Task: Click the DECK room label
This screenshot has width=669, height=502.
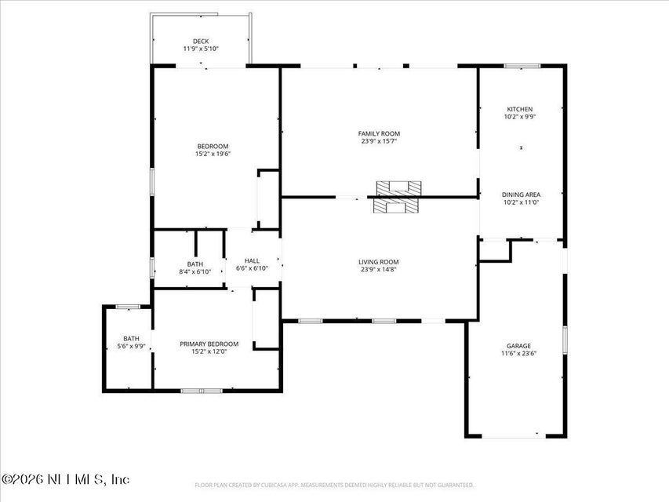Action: coord(201,42)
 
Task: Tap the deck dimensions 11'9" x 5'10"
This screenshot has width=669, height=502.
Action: coord(201,49)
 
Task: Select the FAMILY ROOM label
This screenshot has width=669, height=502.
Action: coord(380,134)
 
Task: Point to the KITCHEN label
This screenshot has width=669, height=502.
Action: coord(519,109)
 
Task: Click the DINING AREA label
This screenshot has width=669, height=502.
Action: coord(521,195)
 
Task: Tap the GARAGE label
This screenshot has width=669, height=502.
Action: coord(518,346)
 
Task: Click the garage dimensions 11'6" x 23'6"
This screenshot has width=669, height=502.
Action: coord(518,353)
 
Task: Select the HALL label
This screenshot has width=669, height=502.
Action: coord(252,261)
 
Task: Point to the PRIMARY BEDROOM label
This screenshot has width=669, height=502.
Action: coord(209,344)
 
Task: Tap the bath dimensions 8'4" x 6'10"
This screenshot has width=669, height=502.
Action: coord(195,271)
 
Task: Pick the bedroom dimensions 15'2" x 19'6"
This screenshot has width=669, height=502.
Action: coord(213,154)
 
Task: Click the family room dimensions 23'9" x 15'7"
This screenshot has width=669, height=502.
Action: coord(380,141)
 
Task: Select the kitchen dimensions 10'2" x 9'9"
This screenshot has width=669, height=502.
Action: coord(519,116)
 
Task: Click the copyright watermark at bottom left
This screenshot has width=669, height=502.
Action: coord(66,478)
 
